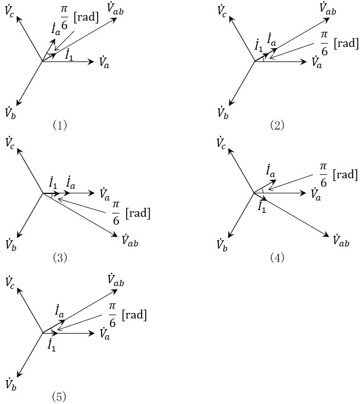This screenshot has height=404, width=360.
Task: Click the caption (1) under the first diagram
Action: (60, 125)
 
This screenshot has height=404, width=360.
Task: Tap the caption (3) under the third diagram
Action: (60, 258)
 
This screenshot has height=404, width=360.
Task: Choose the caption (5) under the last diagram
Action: (60, 397)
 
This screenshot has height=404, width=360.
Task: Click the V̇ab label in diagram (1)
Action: (114, 8)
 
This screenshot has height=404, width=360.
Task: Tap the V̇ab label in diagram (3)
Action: (129, 240)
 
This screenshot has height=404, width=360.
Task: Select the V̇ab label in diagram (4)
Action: (340, 240)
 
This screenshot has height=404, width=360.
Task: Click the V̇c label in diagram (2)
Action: (222, 10)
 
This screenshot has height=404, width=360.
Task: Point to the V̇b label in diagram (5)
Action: (10, 383)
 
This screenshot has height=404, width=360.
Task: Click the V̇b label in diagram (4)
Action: (222, 244)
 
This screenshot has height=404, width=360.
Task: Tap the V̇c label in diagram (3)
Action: (10, 143)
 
